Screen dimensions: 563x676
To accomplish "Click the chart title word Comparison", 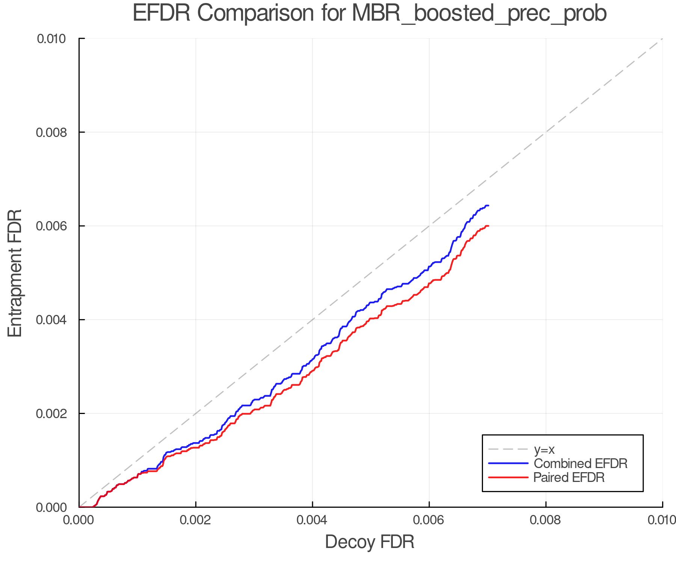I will pyautogui.click(x=255, y=14).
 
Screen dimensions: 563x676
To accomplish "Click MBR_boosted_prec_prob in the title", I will pyautogui.click(x=479, y=14).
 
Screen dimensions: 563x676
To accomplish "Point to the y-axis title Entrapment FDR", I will pyautogui.click(x=15, y=273).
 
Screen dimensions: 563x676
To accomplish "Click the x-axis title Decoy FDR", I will pyautogui.click(x=370, y=542).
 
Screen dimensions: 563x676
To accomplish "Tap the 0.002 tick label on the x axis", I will pyautogui.click(x=196, y=520).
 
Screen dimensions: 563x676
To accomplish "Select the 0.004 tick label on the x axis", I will pyautogui.click(x=312, y=520).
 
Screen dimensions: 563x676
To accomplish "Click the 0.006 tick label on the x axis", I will pyautogui.click(x=429, y=520).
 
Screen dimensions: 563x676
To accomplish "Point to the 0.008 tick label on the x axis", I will pyautogui.click(x=546, y=520).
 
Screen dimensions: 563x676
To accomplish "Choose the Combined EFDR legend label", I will pyautogui.click(x=580, y=464).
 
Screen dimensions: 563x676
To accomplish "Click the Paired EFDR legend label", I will pyautogui.click(x=569, y=477).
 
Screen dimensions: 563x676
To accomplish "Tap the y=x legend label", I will pyautogui.click(x=544, y=450).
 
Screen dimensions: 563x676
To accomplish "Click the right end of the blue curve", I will pyautogui.click(x=488, y=206).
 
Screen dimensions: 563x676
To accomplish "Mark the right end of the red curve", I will pyautogui.click(x=488, y=226).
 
